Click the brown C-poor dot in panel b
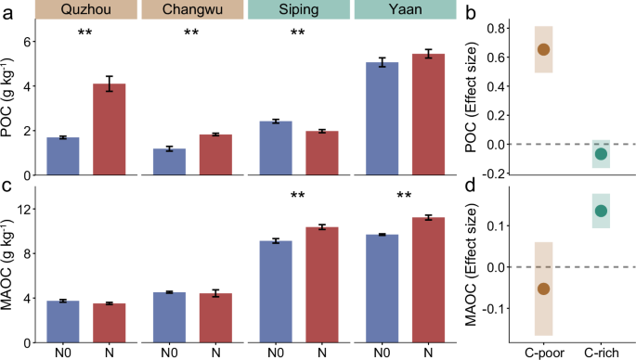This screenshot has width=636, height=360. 544,49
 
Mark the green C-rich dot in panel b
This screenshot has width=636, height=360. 601,154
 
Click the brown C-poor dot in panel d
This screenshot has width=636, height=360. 544,289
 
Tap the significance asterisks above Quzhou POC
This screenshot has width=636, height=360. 85,34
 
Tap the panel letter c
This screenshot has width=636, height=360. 7,185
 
